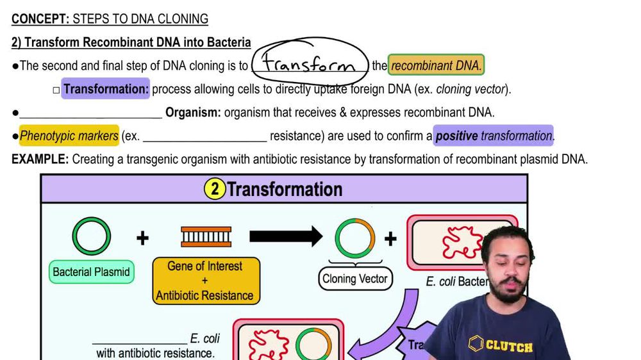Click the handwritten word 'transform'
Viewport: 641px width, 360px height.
click(310, 65)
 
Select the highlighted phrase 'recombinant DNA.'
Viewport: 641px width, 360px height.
click(436, 65)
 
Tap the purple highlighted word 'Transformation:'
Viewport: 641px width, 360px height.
click(106, 89)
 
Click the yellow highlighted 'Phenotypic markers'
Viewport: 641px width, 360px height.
click(69, 136)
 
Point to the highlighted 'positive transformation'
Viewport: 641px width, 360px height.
click(494, 136)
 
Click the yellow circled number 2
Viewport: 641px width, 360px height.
click(215, 189)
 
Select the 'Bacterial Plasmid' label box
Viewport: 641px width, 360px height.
click(91, 272)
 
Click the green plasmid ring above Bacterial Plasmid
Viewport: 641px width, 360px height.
click(91, 236)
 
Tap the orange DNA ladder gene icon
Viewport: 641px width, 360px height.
click(206, 237)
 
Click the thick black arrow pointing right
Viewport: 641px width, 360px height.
click(285, 237)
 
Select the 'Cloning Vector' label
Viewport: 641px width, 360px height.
click(355, 279)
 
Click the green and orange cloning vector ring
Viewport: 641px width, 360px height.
click(355, 238)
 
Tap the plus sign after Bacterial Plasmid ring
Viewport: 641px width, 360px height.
click(142, 238)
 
